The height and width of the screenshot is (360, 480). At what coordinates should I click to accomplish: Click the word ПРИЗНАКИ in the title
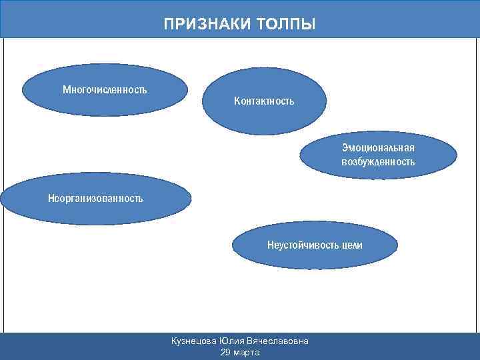click(204, 25)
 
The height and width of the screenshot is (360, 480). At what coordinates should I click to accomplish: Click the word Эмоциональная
click(378, 147)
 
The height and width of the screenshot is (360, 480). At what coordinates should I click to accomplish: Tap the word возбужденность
click(378, 162)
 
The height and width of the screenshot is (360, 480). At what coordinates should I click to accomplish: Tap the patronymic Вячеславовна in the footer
click(279, 341)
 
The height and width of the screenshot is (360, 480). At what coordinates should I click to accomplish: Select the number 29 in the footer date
click(225, 352)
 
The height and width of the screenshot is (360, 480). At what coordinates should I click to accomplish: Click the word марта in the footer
click(247, 352)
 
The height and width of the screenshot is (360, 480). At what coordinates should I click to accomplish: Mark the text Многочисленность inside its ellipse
click(105, 89)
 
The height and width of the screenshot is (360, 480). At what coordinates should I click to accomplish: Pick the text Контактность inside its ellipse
click(264, 101)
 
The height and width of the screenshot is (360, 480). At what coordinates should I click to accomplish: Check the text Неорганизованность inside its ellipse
click(95, 198)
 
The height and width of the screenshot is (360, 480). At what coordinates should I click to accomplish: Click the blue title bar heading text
click(240, 25)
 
